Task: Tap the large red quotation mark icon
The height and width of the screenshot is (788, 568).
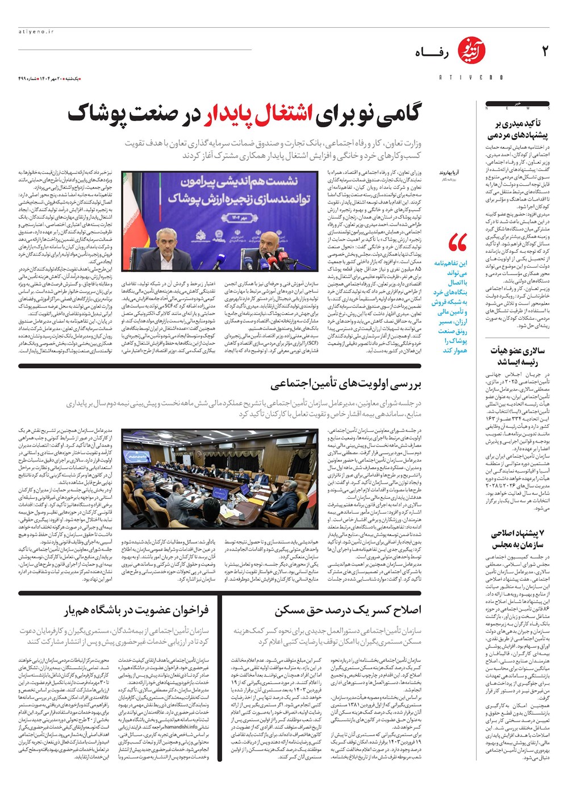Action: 457,243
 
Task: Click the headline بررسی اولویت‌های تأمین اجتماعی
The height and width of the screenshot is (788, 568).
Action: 346,385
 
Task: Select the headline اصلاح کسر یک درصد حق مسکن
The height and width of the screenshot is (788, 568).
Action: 348,610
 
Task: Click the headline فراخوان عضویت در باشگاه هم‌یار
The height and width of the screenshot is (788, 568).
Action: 136,610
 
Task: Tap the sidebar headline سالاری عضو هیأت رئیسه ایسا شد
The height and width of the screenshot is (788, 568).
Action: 517,356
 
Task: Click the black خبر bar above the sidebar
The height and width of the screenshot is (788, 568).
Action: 517,104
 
